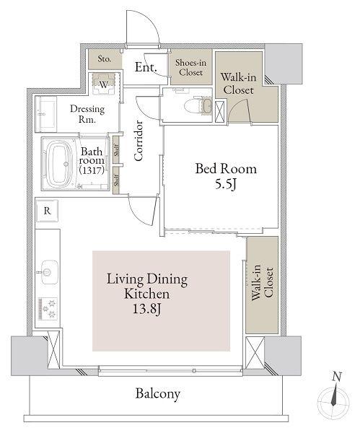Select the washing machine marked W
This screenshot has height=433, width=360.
point(104,84)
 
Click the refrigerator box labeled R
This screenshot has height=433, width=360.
point(47,211)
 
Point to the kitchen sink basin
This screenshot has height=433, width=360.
point(50,272)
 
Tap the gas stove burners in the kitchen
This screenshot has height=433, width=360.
point(48,308)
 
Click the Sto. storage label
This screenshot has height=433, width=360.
point(105,59)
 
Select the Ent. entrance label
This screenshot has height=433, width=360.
point(146,67)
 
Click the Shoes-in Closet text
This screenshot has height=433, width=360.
point(190,67)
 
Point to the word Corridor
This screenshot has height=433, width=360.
point(138,141)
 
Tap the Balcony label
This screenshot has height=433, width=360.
point(158,394)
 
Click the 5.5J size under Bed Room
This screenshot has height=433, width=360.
point(226,185)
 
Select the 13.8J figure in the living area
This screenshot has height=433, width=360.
point(147,309)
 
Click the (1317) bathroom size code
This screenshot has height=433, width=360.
point(92,170)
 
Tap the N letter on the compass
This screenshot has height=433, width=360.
point(337,377)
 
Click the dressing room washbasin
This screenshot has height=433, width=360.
point(46,114)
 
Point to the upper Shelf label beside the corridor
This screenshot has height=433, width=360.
point(117,150)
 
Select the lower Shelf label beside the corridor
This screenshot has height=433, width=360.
point(117,180)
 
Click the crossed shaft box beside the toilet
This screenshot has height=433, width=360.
point(220,112)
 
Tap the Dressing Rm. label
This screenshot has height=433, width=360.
point(87,114)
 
